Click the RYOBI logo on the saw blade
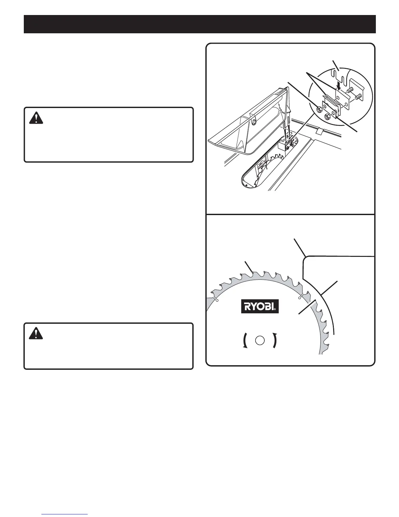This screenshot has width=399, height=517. tap(260, 306)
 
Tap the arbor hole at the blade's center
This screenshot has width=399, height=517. tap(259, 340)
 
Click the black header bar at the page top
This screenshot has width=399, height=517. tap(199, 24)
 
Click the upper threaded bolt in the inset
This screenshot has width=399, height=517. tap(350, 89)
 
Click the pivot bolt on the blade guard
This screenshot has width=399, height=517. tap(253, 122)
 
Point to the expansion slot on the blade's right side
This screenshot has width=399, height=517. tap(302, 296)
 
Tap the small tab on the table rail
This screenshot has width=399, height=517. tap(320, 131)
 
